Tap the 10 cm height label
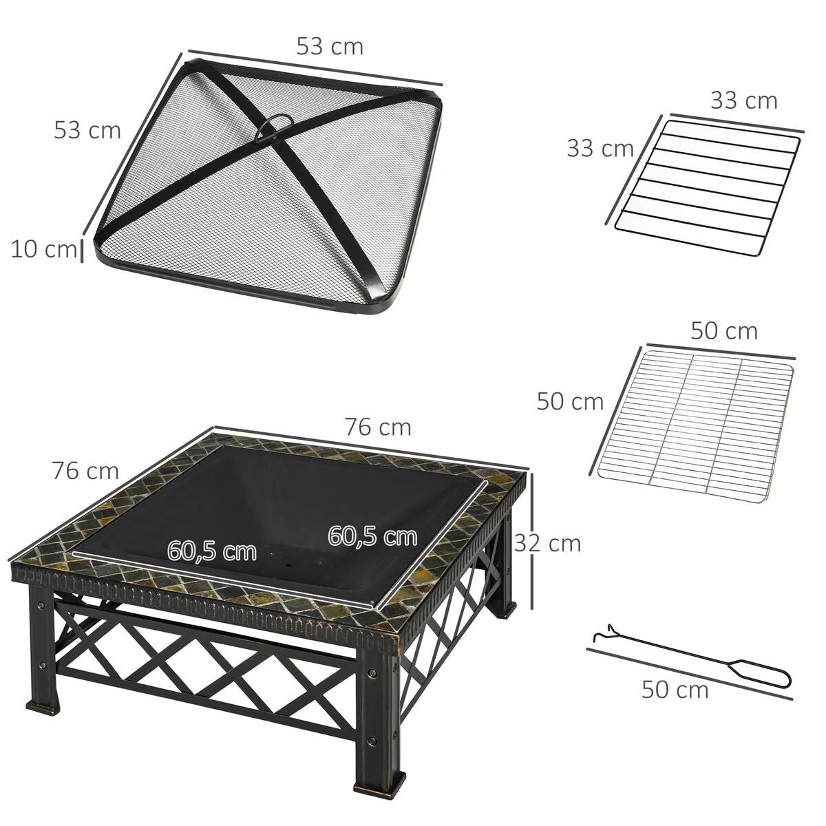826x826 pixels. pos(43,249)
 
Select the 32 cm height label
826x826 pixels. pos(548,543)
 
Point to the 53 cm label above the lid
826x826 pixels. pos(330,46)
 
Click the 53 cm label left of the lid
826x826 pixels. pos(87,129)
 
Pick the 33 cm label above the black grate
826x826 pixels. pos(743,100)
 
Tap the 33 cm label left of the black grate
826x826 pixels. pos(600,148)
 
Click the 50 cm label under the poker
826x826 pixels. pos(675,690)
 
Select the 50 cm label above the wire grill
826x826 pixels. pos(723,331)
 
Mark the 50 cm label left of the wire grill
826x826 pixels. pos(570,401)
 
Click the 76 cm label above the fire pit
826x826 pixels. pos(378,427)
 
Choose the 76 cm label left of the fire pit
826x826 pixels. pos(85,472)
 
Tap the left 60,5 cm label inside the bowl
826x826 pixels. pos(212,551)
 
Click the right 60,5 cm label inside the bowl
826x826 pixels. pos(372,536)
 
